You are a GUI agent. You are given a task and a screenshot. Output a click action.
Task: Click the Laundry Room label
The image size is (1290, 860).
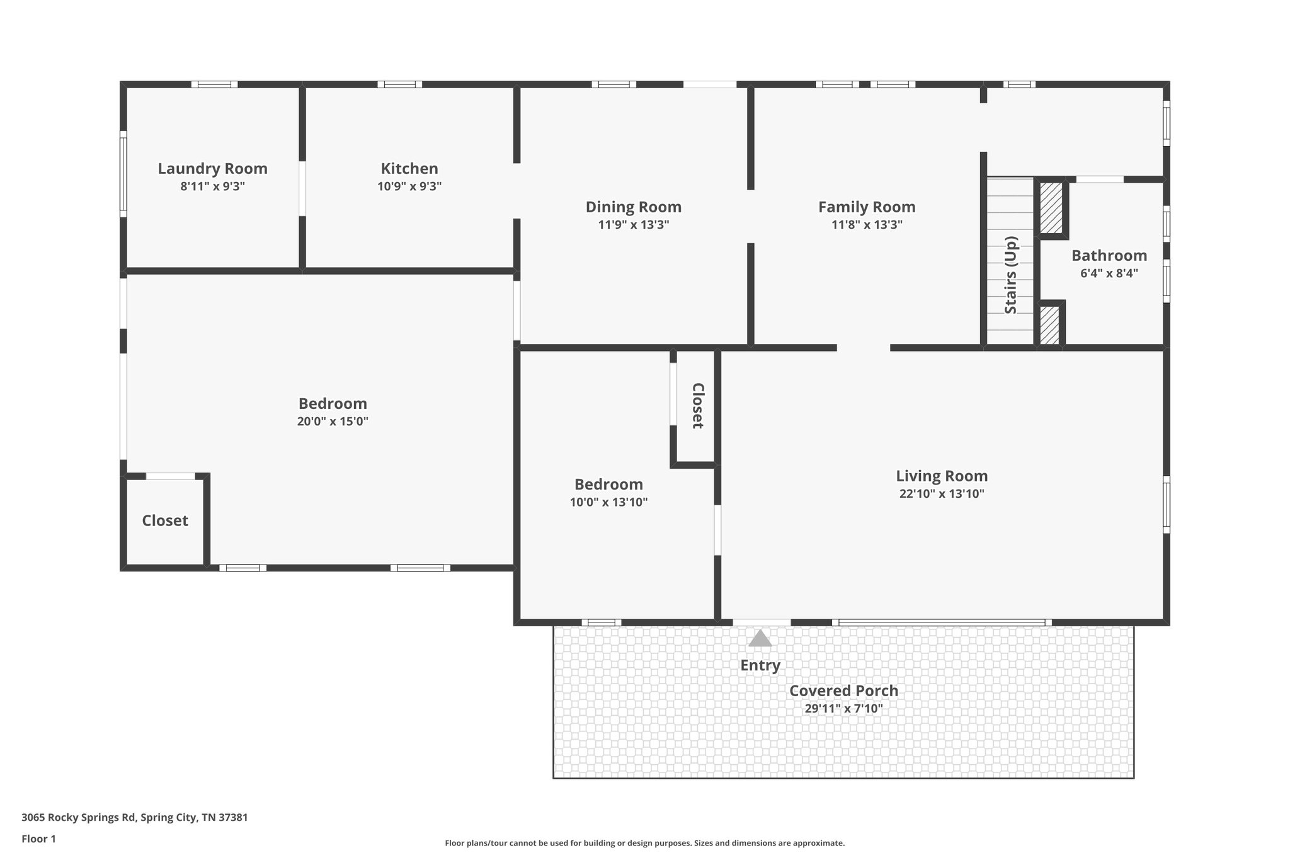tap(212, 169)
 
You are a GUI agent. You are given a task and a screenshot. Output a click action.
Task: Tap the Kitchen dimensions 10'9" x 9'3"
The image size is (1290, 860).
tap(409, 186)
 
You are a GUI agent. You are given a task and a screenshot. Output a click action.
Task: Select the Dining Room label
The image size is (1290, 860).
tap(634, 207)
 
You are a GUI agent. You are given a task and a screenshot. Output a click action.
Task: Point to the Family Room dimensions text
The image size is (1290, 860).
tap(867, 225)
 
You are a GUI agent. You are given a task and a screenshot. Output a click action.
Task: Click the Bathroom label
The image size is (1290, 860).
tap(1109, 256)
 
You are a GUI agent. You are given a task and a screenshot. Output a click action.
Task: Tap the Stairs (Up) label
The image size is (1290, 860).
tap(1010, 275)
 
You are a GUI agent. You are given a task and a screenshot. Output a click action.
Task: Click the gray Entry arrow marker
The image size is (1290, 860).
tap(760, 638)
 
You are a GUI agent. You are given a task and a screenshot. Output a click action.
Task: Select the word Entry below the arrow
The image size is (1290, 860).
tap(760, 665)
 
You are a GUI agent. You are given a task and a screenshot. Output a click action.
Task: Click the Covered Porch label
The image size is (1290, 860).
tap(843, 691)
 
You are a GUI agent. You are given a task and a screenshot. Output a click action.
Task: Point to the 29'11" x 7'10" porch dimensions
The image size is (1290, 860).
tap(843, 709)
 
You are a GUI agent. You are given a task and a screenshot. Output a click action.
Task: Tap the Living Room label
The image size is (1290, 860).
tap(942, 476)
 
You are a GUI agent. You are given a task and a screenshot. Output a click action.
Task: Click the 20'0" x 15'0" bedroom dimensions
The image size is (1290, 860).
tap(333, 421)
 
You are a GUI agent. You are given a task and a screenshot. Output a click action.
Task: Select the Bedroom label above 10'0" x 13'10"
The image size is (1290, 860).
tap(608, 484)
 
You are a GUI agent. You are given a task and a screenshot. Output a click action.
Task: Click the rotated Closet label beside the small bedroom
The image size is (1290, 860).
tap(698, 406)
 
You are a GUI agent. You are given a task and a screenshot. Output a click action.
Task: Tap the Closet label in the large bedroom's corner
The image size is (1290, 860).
tap(165, 520)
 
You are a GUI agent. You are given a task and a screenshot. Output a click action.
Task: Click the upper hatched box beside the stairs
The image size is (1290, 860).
tap(1051, 208)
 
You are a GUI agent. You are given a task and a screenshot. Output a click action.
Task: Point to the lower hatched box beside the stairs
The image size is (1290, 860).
tap(1049, 325)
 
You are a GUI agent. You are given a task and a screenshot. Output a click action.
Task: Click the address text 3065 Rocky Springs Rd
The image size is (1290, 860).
tap(78, 818)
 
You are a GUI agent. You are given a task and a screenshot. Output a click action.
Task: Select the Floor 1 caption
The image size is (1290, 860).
tap(38, 839)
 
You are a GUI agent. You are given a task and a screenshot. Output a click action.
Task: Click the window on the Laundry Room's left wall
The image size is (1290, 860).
tap(123, 174)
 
